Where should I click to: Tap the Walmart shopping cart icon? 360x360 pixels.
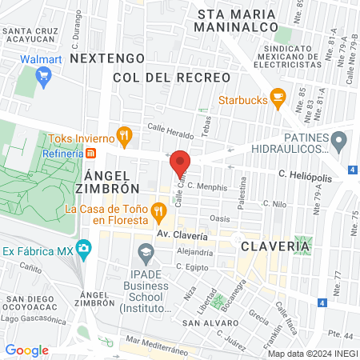[43, 78]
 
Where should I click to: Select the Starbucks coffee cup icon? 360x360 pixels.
[278, 98]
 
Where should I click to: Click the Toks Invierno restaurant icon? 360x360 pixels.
[123, 137]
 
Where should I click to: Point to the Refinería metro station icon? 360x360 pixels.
[91, 153]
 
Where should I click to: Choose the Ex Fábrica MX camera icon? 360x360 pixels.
[82, 249]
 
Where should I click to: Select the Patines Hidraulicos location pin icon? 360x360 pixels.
[339, 143]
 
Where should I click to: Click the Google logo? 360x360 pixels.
[26, 350]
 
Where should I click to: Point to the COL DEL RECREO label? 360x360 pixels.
[171, 78]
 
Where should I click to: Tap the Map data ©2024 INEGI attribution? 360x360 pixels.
[312, 353]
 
